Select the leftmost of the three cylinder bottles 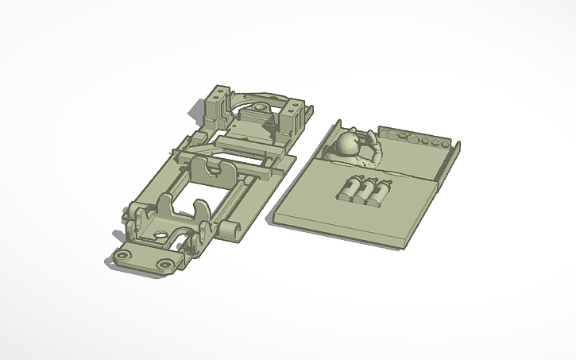[x=350, y=190]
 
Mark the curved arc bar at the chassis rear [x=246, y=95]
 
